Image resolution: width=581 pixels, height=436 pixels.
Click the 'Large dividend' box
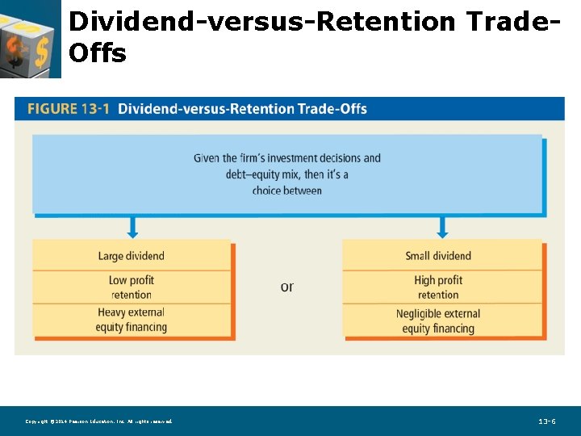pos(132,256)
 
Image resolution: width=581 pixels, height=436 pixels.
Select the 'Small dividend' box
pos(438,256)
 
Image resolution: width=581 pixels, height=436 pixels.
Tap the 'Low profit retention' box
pos(132,287)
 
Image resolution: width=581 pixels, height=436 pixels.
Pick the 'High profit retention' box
pos(438,287)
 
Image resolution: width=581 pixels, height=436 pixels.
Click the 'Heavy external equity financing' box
pos(132,320)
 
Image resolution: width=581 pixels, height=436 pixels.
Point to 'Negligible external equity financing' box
pos(438,321)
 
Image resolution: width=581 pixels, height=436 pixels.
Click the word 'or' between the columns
pos(286,287)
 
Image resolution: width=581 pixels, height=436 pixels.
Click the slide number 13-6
pos(548,421)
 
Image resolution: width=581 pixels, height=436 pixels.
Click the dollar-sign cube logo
pos(30,39)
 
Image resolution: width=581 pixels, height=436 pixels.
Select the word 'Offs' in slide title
pos(98,53)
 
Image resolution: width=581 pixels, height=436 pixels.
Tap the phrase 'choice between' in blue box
pos(286,191)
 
